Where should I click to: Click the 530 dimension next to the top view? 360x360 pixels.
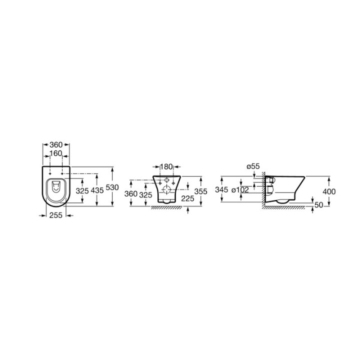coord(112,187)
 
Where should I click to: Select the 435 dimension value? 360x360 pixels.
coord(97,190)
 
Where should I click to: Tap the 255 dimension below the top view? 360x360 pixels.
coord(56,215)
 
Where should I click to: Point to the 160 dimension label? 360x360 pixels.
coord(56,153)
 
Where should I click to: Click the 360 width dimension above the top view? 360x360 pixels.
coord(56,144)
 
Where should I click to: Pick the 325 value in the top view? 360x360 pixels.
coord(82,190)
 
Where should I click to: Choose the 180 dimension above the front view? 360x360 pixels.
coord(166,166)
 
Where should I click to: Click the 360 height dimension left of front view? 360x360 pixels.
coord(131,194)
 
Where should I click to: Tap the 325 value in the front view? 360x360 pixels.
coord(146,194)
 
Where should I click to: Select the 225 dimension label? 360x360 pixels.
coord(187,198)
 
